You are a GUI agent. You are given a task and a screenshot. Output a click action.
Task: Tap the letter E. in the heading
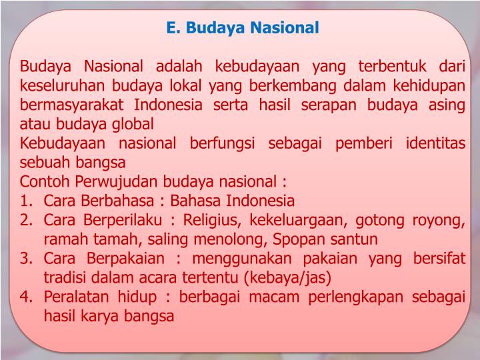click(173, 28)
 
